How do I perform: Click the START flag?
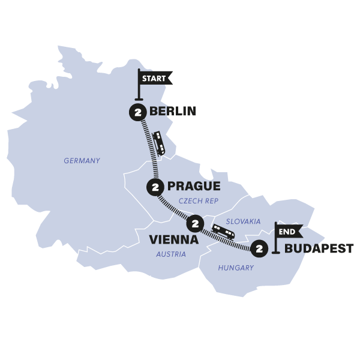155,78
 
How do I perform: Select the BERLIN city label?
173,112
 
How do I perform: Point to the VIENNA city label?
173,239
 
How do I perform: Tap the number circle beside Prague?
156,187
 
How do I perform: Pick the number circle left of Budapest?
259,247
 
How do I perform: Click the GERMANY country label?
82,161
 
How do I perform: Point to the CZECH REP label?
199,202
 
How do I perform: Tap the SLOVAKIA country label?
243,221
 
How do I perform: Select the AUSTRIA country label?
171,254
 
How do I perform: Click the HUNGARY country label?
236,268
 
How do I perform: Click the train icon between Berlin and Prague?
159,143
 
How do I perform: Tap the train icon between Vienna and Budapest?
223,232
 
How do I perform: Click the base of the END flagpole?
275,253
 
